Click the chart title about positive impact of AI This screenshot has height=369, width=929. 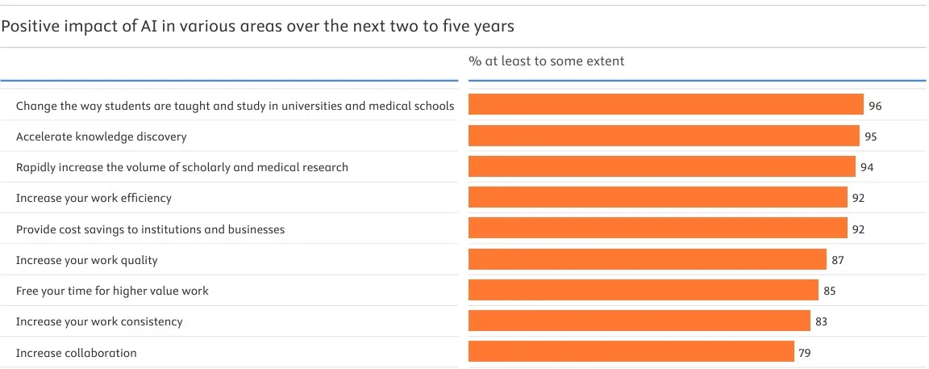pos(258,27)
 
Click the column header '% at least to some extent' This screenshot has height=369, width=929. pos(547,61)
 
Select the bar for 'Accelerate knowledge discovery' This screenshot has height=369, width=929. pos(664,136)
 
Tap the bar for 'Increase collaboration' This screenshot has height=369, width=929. pos(631,352)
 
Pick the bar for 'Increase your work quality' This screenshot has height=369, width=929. pos(648,260)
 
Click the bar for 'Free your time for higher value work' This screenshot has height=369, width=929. pos(644,291)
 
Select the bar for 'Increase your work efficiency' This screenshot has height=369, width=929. pos(658,198)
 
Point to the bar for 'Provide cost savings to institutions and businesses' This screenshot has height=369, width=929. pos(658,229)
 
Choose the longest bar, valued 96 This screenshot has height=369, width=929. pos(666,106)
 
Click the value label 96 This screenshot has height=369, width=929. pos(875,106)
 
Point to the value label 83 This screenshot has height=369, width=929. pos(821,321)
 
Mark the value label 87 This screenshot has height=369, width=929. pos(837,260)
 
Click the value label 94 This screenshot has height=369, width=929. pos(867,167)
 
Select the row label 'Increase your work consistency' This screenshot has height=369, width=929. pos(99,321)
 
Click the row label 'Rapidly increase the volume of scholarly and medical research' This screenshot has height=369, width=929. pos(182,167)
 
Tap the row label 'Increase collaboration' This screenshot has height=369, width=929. pos(77,353)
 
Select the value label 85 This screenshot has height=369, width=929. pos(829,291)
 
